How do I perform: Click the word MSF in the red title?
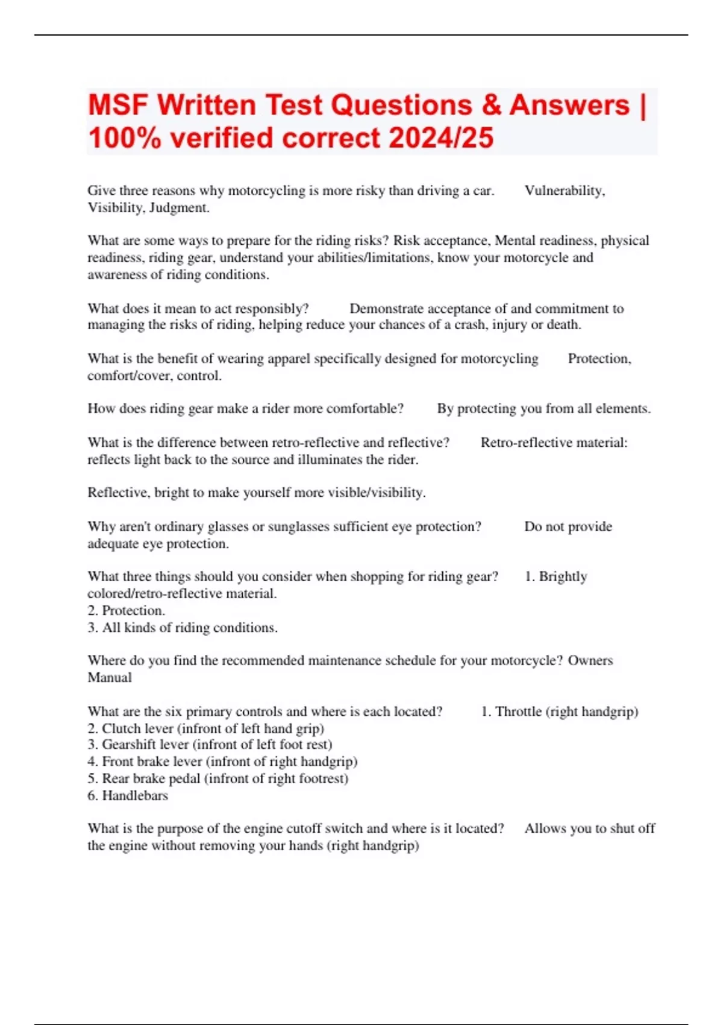tap(117, 105)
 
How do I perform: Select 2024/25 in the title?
tap(441, 137)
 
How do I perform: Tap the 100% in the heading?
tap(125, 137)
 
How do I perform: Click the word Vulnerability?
tap(564, 191)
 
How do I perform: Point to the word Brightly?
tap(563, 576)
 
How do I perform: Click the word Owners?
tap(590, 660)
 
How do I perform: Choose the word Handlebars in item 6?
tap(135, 796)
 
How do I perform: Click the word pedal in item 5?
tap(184, 778)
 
